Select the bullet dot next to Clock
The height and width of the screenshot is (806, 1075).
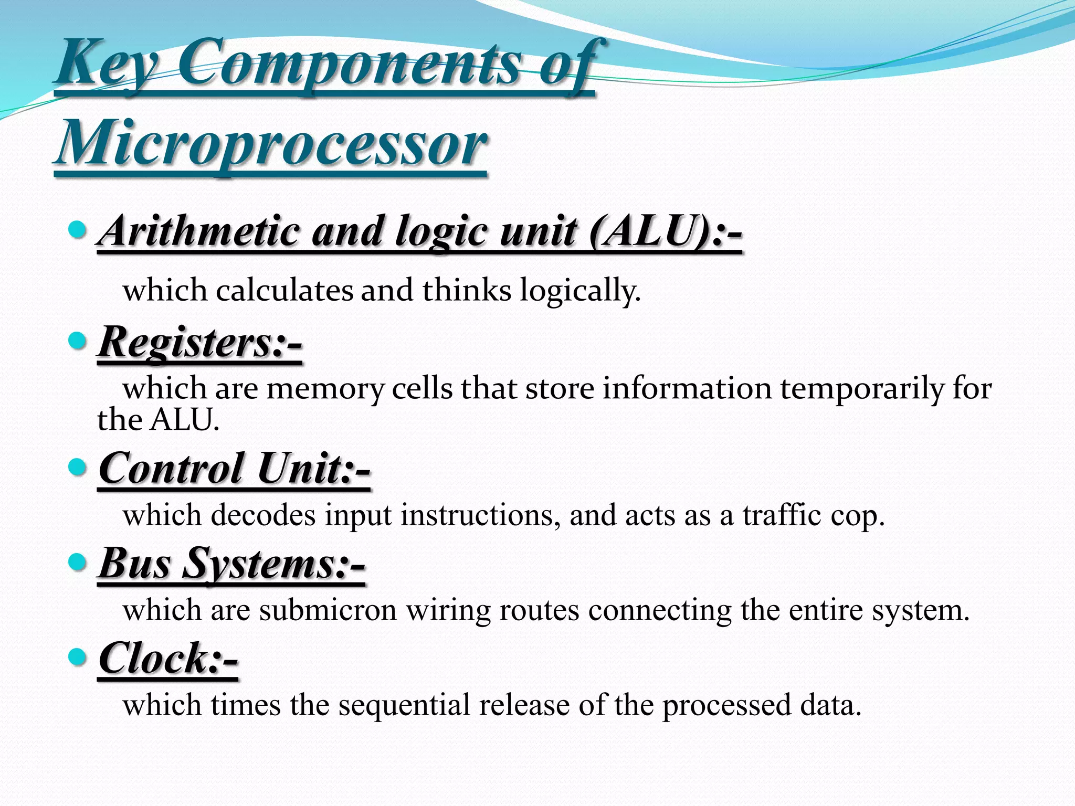(x=78, y=657)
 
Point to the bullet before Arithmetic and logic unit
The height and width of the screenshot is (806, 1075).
(x=78, y=229)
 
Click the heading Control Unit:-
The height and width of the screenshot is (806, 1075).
(x=234, y=468)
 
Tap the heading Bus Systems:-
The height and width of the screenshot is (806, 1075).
(x=231, y=563)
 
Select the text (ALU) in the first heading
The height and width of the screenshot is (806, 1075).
(x=650, y=231)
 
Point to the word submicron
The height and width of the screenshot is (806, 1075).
(x=328, y=610)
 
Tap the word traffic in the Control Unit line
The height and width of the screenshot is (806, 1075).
(x=782, y=515)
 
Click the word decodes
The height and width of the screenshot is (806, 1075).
(x=263, y=515)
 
